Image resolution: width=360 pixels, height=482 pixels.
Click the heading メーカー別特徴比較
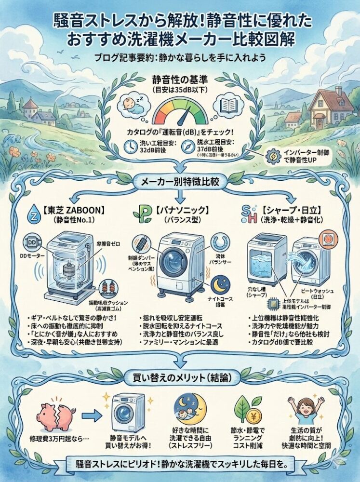(180, 183)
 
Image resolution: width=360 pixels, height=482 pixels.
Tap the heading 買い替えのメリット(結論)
(180, 376)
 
